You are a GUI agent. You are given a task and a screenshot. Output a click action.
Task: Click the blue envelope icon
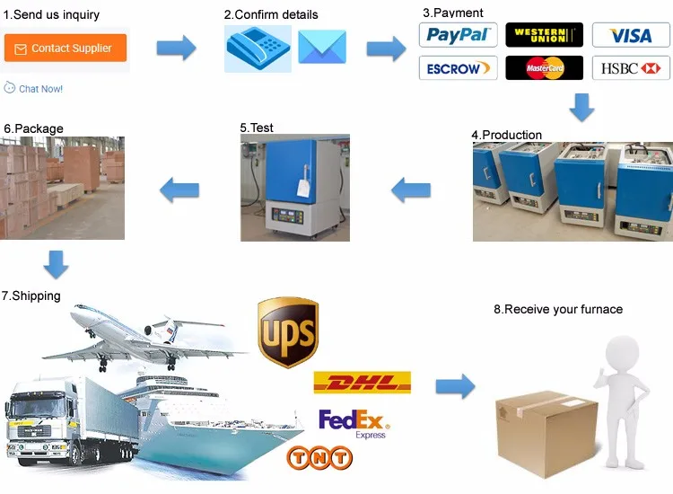322,47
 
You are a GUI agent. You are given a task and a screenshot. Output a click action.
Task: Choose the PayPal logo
458,35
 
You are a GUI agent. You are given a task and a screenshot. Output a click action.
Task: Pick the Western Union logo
544,35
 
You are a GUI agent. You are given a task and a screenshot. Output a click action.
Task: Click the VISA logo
631,36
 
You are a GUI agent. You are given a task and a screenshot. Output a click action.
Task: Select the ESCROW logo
458,68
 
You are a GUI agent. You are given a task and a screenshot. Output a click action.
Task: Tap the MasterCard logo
544,68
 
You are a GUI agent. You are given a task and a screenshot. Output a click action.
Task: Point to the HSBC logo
631,68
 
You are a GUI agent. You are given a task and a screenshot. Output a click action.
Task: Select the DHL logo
362,383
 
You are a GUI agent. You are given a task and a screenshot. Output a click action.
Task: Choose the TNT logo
319,457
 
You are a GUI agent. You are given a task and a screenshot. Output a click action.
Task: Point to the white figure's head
619,347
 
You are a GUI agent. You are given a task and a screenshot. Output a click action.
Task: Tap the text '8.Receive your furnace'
557,309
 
